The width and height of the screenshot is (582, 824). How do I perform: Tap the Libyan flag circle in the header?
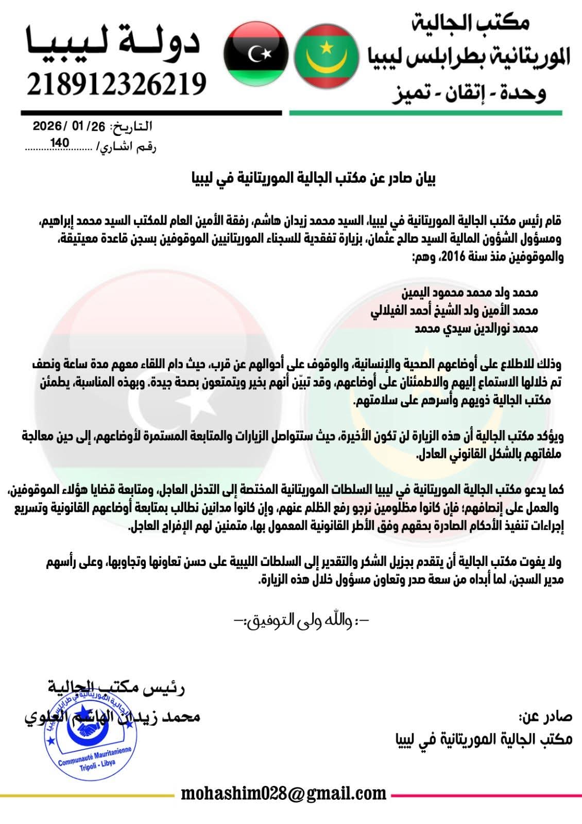256,54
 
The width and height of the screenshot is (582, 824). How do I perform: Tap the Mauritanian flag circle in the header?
327,56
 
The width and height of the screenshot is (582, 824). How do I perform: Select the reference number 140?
60,144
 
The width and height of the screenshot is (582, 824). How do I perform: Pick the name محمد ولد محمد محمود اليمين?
470,293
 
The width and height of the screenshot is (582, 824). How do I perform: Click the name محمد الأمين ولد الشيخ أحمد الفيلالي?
454,311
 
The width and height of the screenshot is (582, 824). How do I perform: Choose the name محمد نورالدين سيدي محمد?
476,329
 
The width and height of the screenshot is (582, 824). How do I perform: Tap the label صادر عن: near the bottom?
545,717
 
